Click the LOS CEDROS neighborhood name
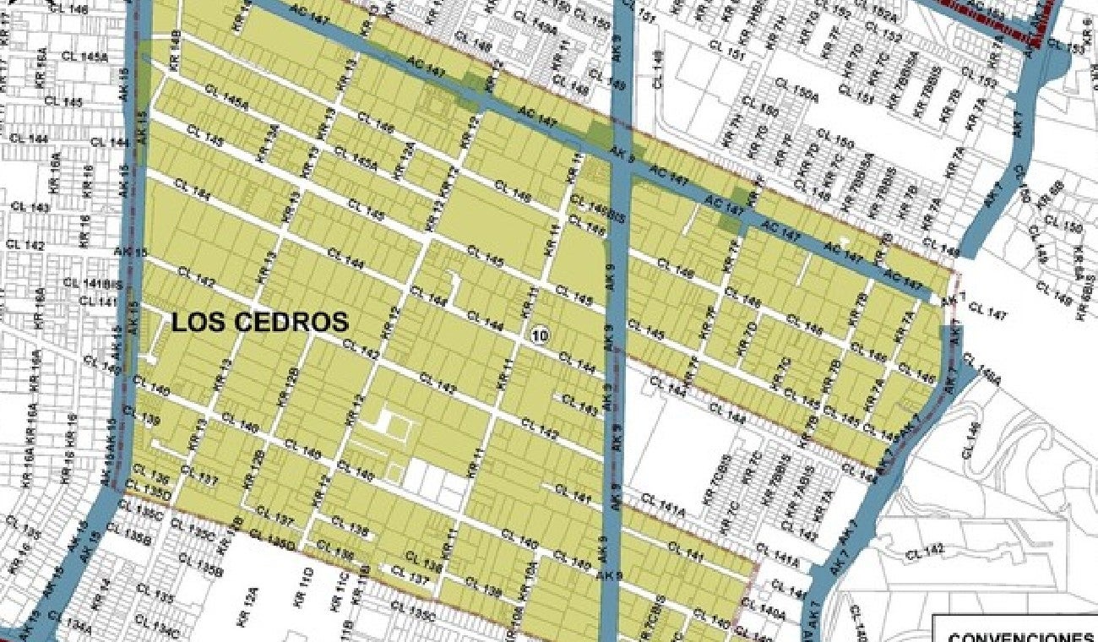pyautogui.click(x=260, y=322)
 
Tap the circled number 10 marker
pyautogui.click(x=540, y=335)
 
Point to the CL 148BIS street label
pyautogui.click(x=591, y=204)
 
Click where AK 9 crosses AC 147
pyautogui.click(x=618, y=152)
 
